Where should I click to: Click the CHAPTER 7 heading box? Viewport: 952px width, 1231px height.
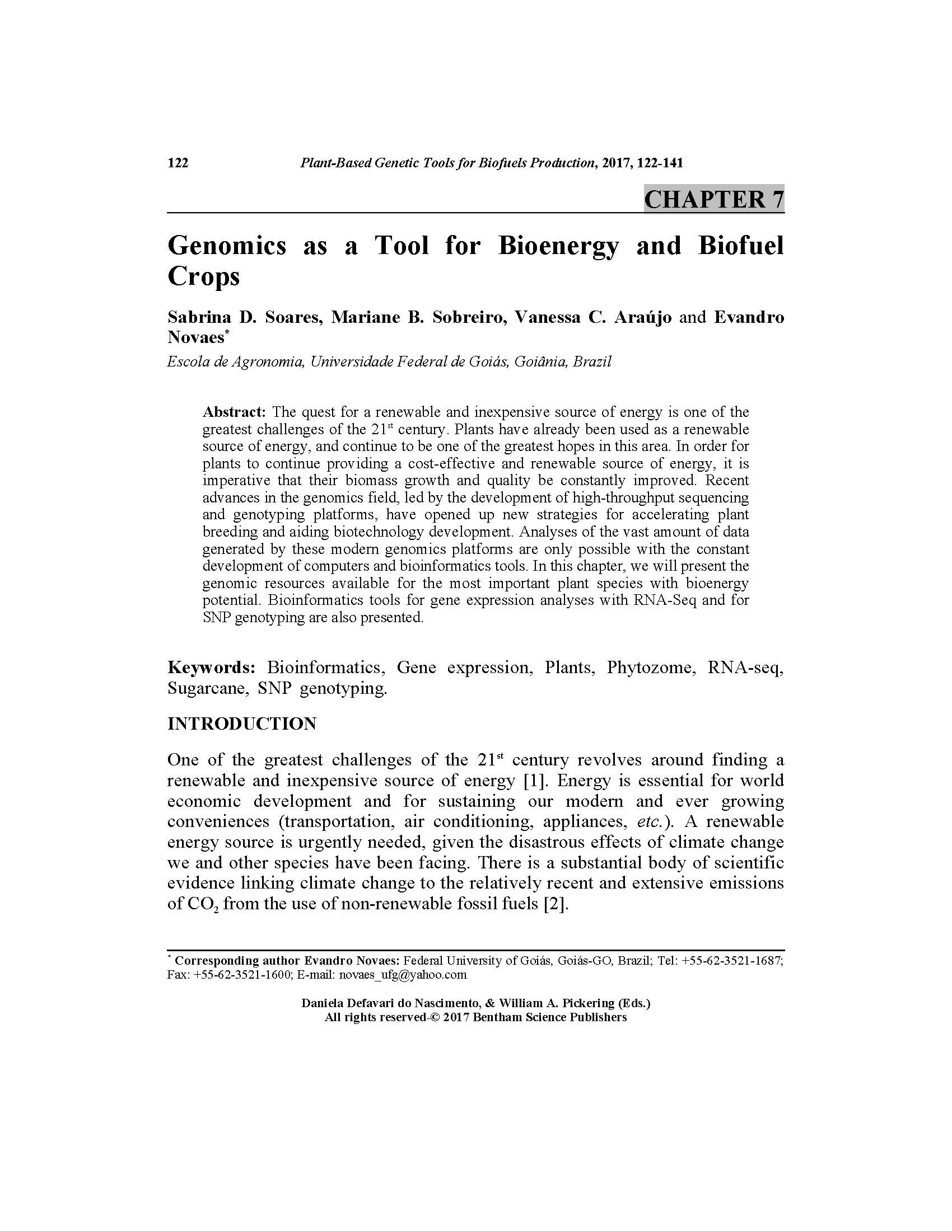pos(713,200)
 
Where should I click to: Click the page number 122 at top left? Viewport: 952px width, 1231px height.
pos(178,163)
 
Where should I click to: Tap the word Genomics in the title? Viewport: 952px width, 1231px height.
pos(227,246)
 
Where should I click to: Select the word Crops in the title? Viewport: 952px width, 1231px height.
pos(204,276)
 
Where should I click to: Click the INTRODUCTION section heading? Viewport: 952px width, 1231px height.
pos(241,724)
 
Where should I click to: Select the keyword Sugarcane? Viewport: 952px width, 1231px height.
pos(208,689)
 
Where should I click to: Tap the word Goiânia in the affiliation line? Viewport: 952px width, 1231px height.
pos(540,362)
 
